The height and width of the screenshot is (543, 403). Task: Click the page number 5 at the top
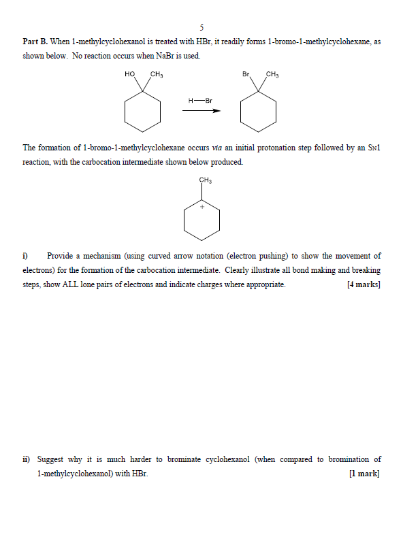click(201, 28)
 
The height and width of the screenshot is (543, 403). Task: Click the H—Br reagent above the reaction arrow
click(201, 100)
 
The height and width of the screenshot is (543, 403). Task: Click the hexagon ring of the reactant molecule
click(143, 112)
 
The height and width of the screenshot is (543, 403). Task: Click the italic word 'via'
click(216, 148)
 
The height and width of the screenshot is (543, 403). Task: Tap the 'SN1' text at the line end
click(374, 148)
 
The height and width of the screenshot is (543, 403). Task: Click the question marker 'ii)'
click(27, 459)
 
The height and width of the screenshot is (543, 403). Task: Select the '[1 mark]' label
click(364, 474)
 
